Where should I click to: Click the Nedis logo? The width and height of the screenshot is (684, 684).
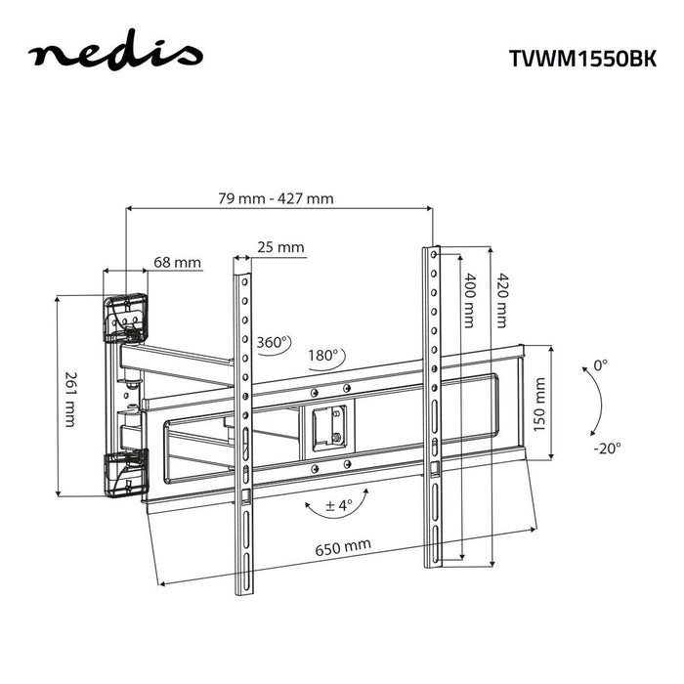click(x=115, y=55)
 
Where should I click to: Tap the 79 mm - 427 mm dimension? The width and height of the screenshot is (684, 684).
click(x=276, y=198)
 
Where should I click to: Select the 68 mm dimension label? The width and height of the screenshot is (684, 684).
click(x=177, y=263)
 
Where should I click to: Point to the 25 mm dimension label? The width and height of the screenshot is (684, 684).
click(x=280, y=248)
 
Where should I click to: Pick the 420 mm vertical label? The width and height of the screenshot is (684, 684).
click(x=501, y=299)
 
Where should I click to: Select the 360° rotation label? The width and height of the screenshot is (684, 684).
click(x=274, y=343)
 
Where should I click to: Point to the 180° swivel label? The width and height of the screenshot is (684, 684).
click(x=322, y=355)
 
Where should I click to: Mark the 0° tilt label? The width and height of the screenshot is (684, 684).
click(x=600, y=364)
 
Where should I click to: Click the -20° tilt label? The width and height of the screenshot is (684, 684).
click(x=606, y=449)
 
